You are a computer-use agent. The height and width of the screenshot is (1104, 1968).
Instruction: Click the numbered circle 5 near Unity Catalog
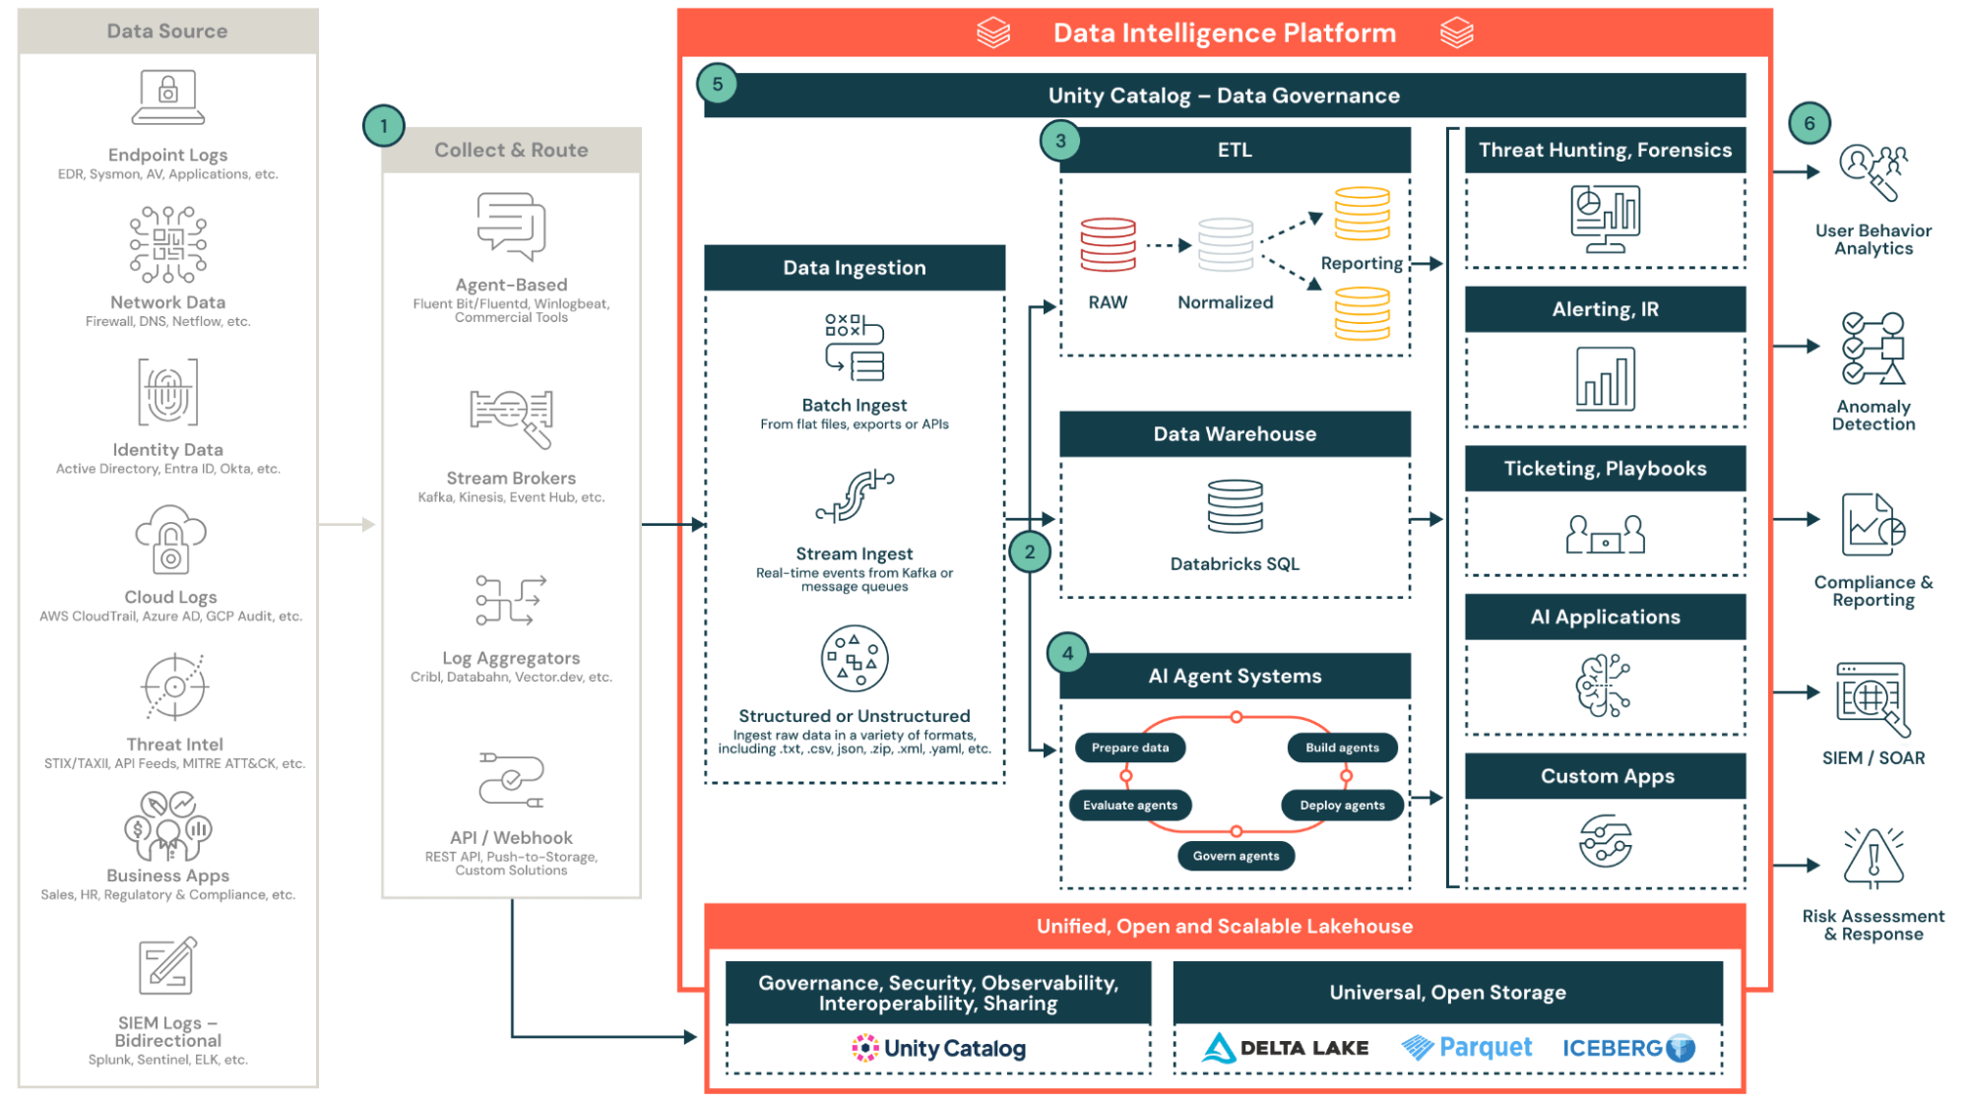pos(717,84)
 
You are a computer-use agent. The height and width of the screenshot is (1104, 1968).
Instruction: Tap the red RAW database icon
pos(1108,244)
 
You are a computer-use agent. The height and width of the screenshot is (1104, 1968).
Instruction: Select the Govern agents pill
pos(1236,856)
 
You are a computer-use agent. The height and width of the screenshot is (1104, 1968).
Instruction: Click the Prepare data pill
pos(1129,747)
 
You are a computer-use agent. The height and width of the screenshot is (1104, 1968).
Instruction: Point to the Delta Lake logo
pos(1285,1048)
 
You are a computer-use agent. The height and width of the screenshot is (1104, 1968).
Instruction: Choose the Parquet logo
pos(1467,1047)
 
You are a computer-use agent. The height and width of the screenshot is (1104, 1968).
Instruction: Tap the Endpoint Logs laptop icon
pos(168,97)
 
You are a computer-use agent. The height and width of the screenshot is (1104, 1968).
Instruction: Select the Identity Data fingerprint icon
pos(167,392)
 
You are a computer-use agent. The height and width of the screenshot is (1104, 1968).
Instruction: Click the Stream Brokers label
pos(511,478)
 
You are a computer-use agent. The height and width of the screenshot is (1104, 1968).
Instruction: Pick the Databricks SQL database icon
pos(1235,506)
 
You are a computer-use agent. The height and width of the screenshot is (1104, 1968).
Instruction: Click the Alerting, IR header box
pos(1605,309)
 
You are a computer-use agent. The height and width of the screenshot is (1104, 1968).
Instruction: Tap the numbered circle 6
pos(1809,123)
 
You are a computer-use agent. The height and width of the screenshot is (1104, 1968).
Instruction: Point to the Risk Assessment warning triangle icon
pos(1873,857)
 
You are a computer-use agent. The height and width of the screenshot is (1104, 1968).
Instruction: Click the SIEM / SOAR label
pos(1873,758)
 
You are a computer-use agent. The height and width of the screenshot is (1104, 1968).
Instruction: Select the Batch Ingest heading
pos(854,405)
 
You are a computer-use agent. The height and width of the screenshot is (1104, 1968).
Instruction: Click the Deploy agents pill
pos(1342,805)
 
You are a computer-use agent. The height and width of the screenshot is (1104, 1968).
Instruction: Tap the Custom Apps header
pos(1606,776)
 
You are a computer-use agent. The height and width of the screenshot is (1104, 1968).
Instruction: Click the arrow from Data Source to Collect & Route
pos(349,525)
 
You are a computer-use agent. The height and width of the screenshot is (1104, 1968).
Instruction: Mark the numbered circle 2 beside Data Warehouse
pos(1029,552)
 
